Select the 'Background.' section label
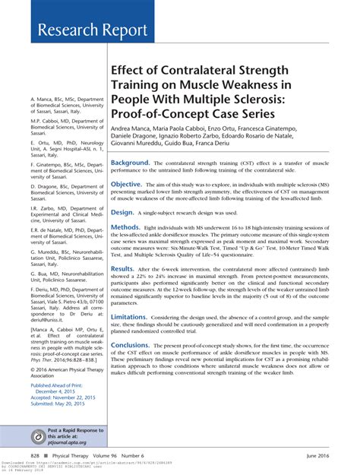pos(130,163)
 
